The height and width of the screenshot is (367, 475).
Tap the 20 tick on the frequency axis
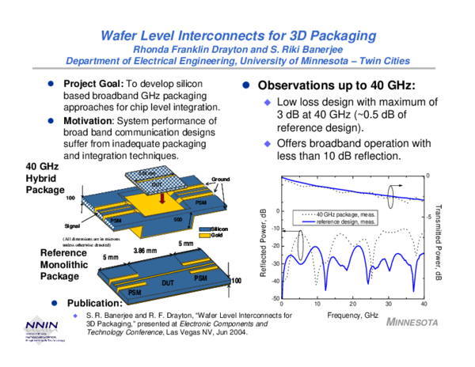click(x=353, y=305)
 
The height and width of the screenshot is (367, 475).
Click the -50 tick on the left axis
click(x=274, y=298)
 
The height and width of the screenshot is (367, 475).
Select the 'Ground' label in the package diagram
click(x=219, y=180)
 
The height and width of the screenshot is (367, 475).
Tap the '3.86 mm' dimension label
click(x=145, y=250)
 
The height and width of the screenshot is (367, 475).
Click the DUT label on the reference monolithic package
click(x=168, y=282)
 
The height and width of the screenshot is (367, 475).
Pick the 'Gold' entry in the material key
click(x=218, y=236)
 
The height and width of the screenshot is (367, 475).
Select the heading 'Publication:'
click(x=93, y=303)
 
